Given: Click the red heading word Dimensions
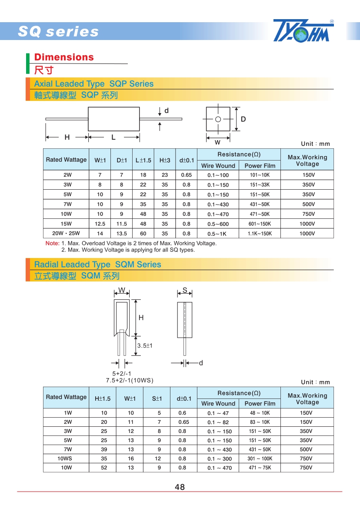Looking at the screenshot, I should tap(64, 57).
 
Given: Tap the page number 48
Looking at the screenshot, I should tap(180, 487).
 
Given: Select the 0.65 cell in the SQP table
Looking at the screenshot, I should tap(186, 175).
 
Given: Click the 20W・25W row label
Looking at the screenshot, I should tap(66, 234).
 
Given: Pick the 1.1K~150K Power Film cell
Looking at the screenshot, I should tap(260, 234).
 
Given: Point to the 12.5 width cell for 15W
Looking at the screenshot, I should tap(100, 224).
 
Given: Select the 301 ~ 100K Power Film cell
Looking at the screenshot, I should tap(260, 459).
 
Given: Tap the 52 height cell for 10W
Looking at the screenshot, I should tap(104, 468).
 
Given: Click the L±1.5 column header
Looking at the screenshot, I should tap(143, 160).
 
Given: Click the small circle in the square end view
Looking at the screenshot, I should tap(218, 119).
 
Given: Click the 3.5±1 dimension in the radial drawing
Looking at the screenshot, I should tap(144, 346).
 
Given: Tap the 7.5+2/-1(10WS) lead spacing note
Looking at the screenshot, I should tap(130, 380).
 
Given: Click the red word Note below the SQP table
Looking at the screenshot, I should tap(52, 243).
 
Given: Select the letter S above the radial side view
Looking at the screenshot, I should tap(185, 290).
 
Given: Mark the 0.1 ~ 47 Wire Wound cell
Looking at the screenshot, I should tap(218, 413).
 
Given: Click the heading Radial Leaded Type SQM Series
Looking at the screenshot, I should tap(97, 265).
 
